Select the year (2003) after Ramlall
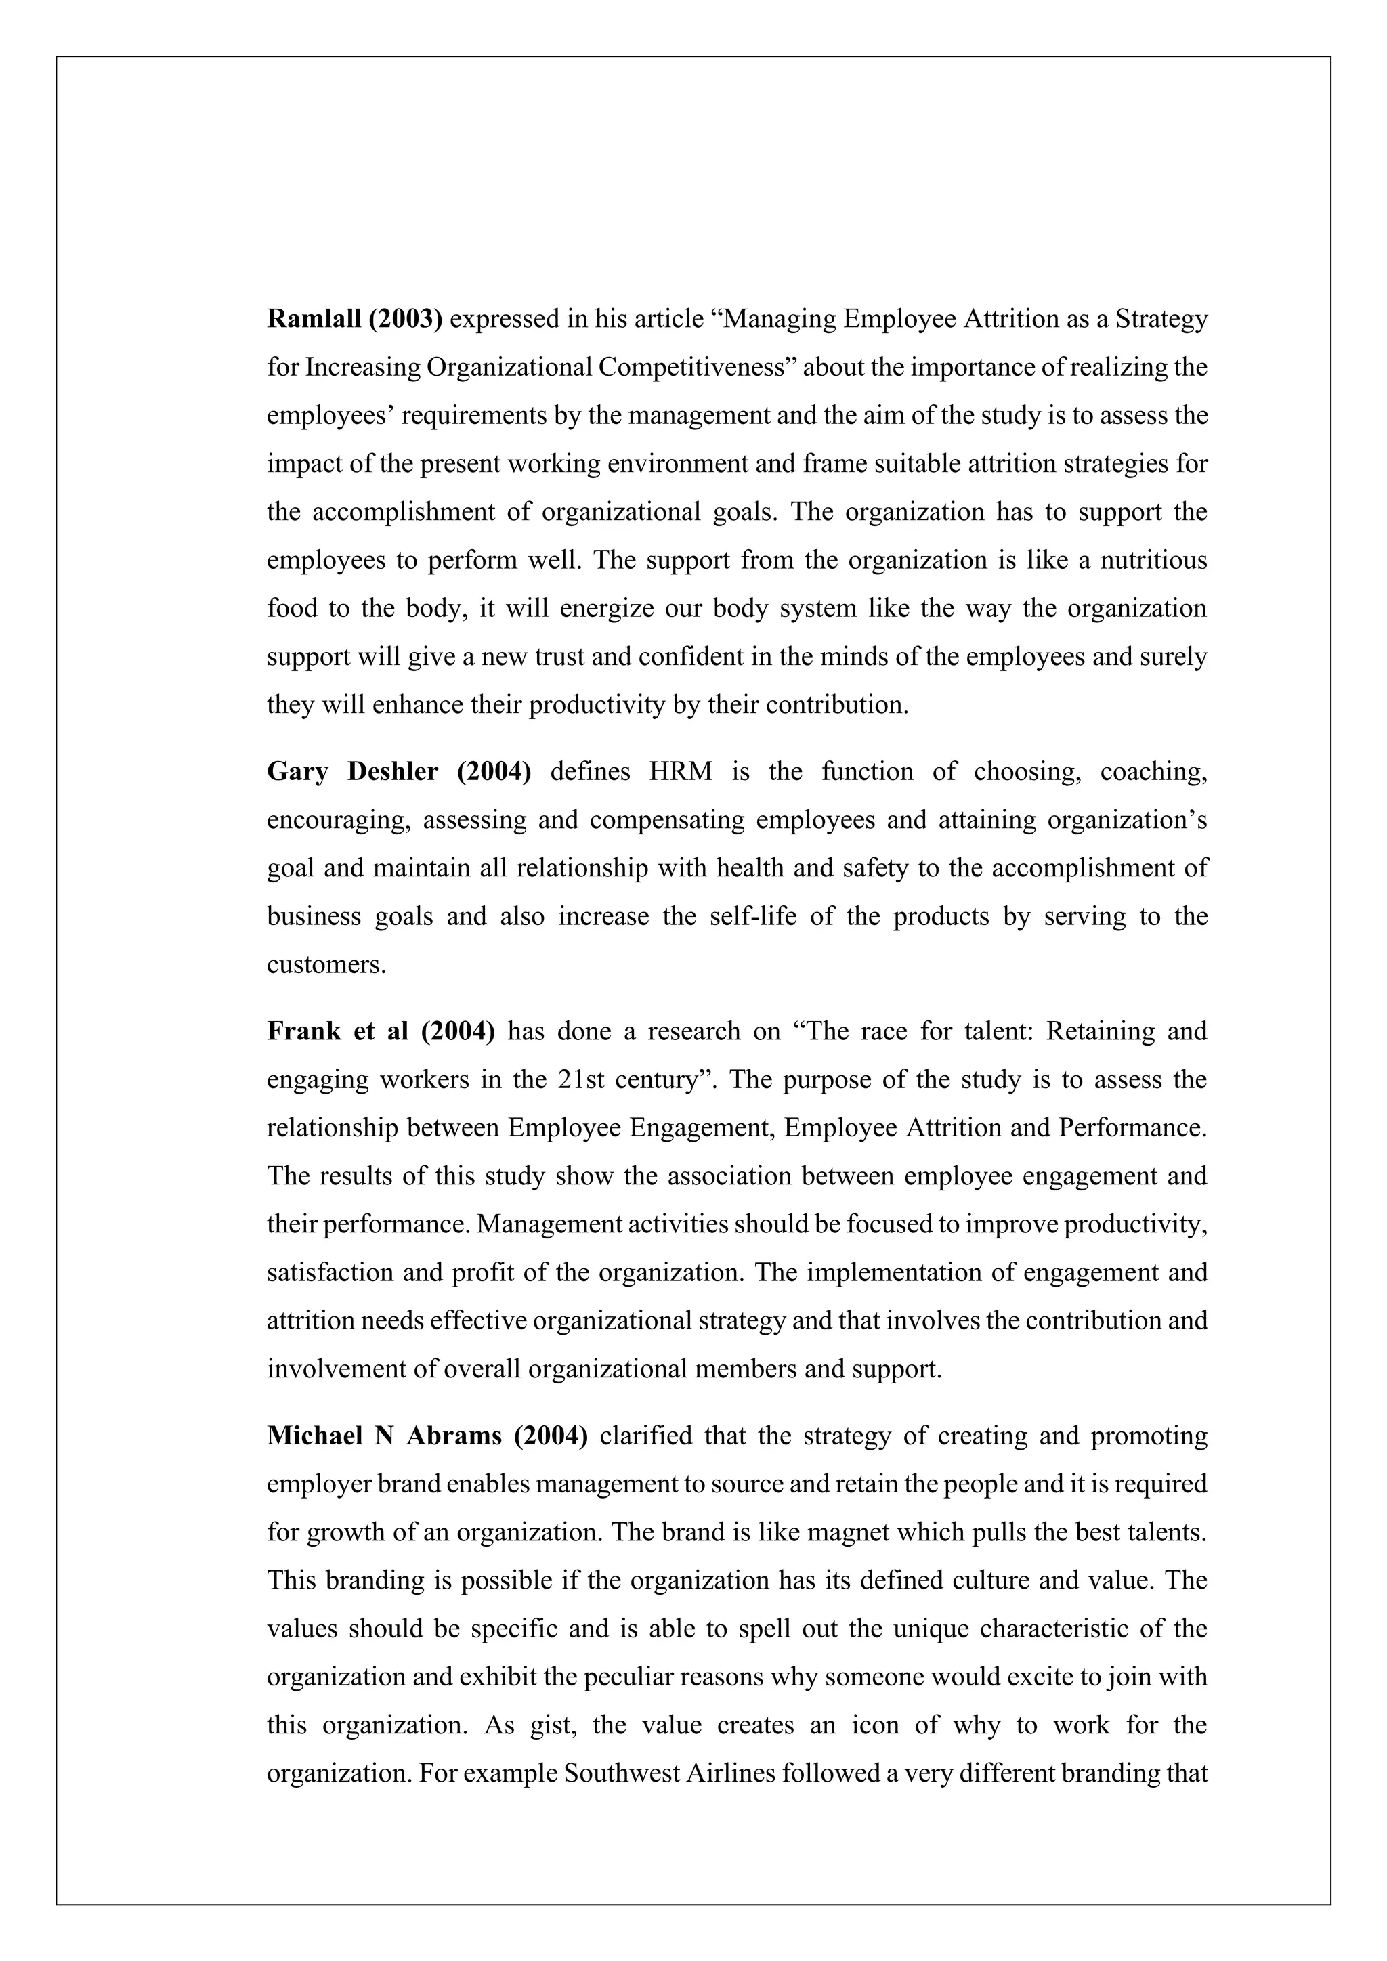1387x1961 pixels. tap(405, 320)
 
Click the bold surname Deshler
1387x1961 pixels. tap(393, 772)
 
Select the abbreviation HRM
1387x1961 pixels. tap(681, 772)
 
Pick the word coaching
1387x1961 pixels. tap(1153, 772)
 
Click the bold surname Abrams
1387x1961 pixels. tap(454, 1437)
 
